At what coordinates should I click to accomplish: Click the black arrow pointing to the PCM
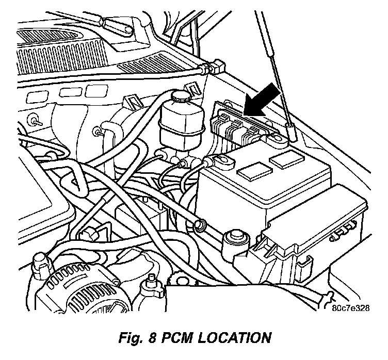pos(263,100)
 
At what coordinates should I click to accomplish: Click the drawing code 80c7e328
pos(351,308)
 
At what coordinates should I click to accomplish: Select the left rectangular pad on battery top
pos(255,171)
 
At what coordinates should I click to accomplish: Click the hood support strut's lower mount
pos(292,133)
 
